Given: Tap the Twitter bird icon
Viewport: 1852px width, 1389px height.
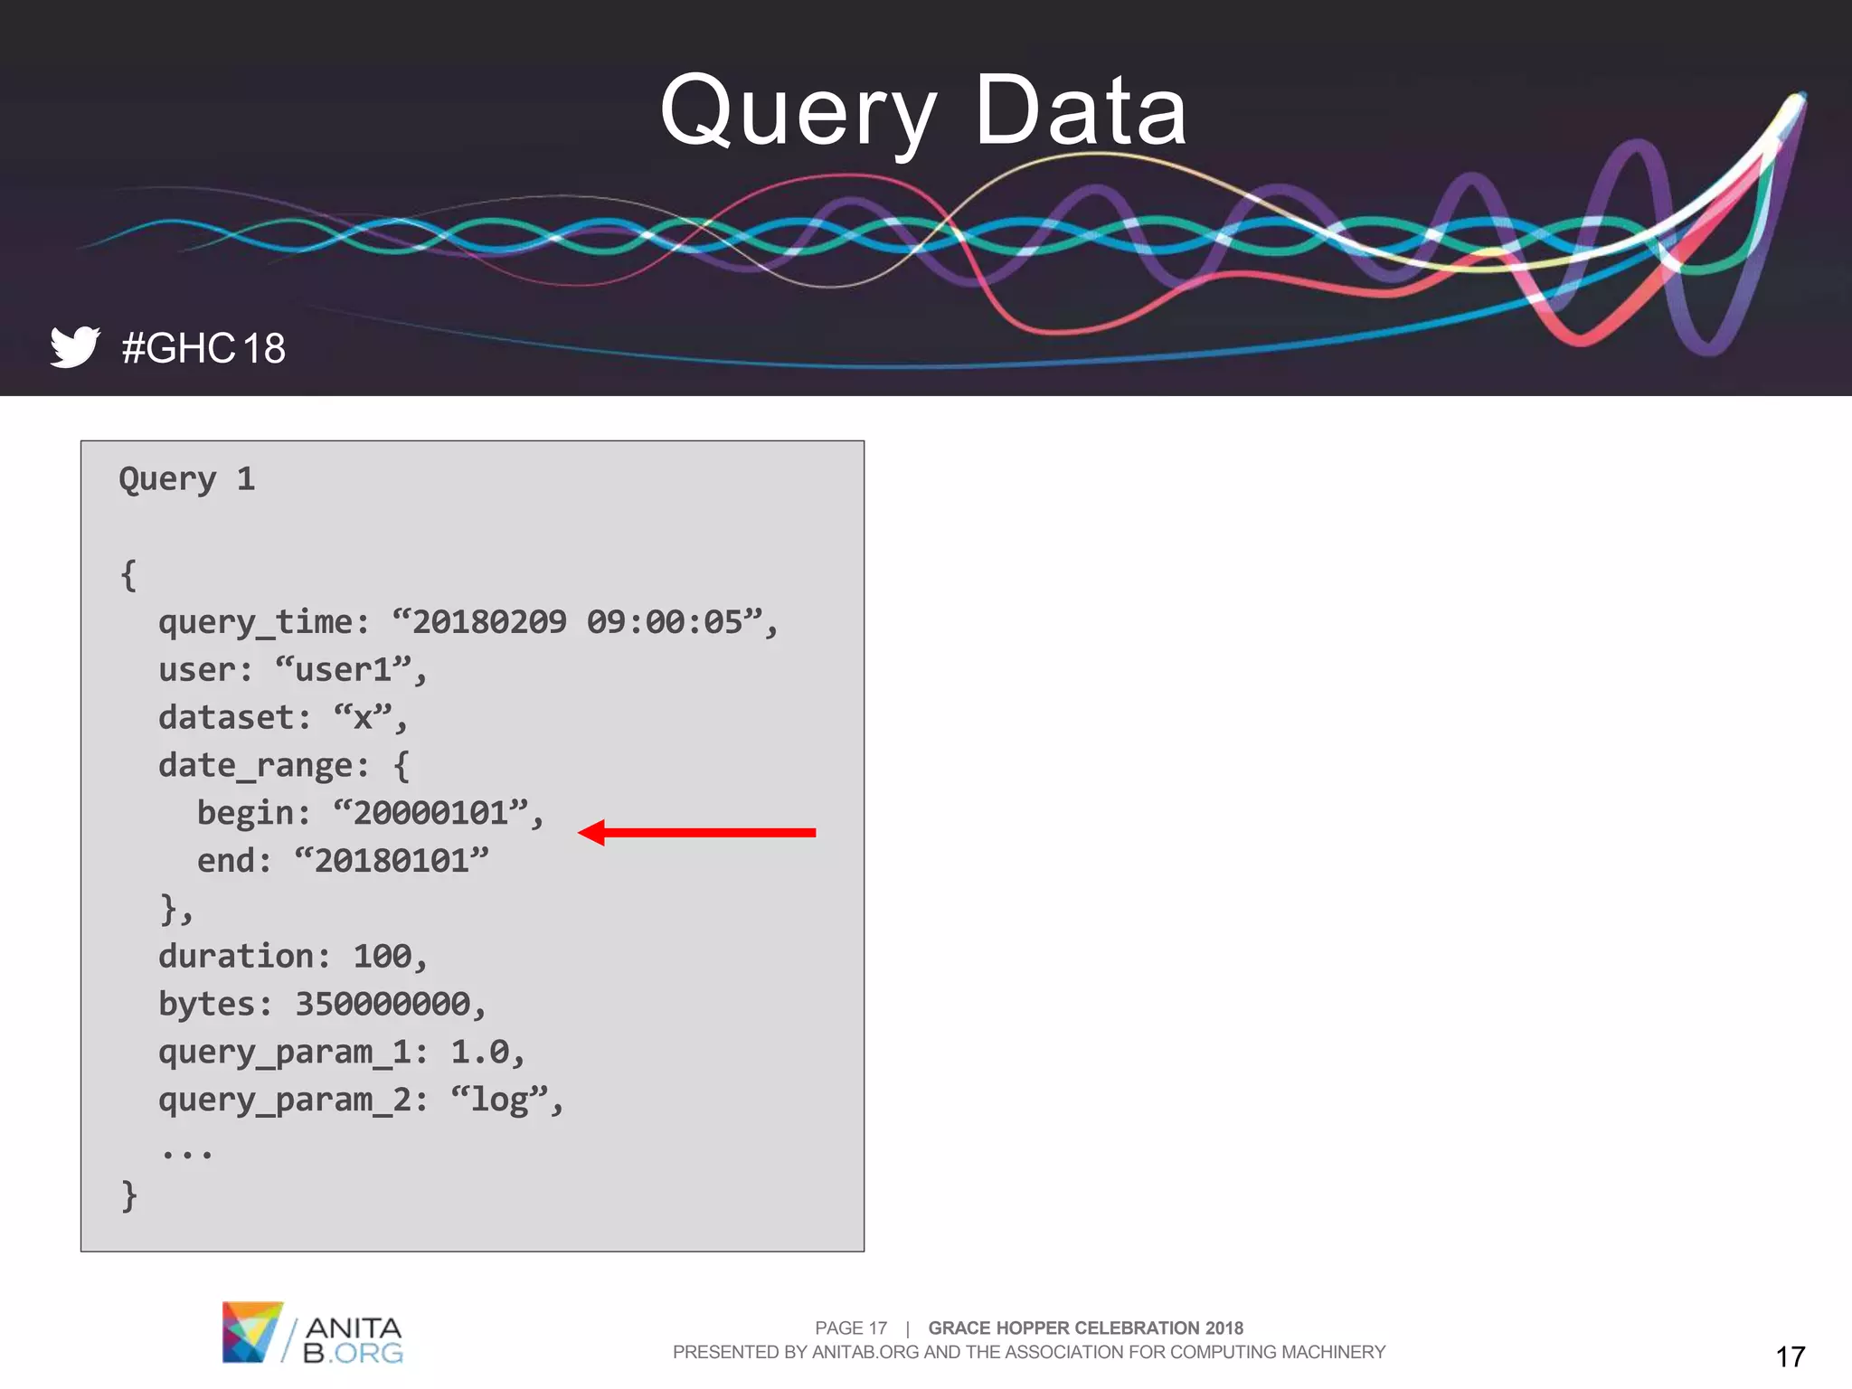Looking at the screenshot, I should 75,346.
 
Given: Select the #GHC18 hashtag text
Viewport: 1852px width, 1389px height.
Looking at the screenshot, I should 203,348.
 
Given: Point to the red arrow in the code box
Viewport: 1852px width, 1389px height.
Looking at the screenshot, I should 696,832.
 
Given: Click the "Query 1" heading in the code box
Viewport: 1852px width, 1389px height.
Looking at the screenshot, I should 187,479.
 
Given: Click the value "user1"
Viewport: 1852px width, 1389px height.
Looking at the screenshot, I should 344,670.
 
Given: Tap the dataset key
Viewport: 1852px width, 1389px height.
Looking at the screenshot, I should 226,718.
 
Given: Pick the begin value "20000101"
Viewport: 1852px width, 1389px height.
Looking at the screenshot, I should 430,813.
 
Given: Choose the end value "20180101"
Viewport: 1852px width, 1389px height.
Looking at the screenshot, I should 392,861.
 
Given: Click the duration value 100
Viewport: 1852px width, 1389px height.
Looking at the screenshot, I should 382,957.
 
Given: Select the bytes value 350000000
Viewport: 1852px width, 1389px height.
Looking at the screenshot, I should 383,1004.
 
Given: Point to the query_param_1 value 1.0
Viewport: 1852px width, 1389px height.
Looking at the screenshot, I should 479,1052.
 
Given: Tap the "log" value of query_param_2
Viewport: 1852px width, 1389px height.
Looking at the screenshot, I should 499,1100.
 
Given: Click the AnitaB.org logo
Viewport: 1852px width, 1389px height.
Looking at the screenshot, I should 312,1333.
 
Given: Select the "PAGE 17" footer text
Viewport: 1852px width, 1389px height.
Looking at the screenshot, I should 850,1328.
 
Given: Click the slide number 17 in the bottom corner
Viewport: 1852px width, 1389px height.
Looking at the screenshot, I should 1790,1356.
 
